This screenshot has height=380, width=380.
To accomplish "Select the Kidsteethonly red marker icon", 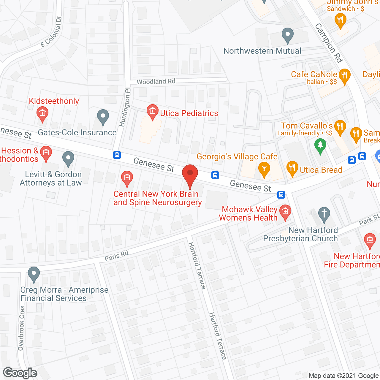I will [x=42, y=113].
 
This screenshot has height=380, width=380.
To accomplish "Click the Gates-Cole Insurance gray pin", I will [x=103, y=117].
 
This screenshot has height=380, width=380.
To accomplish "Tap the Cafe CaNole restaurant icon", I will [x=344, y=75].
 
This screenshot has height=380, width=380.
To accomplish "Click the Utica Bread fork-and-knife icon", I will [x=292, y=169].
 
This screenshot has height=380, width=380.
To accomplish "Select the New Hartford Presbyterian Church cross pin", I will [x=324, y=214].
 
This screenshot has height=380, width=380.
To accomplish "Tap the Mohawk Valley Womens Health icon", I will [x=285, y=212].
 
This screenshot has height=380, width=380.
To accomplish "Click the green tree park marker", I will [x=320, y=145].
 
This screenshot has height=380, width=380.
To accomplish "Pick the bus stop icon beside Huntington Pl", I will [x=117, y=155].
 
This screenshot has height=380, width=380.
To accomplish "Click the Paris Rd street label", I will [x=116, y=256].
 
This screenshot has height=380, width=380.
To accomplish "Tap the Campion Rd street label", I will [x=329, y=43].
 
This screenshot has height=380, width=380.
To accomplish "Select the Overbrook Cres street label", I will [x=21, y=328].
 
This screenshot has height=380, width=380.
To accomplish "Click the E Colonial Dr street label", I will [x=51, y=32].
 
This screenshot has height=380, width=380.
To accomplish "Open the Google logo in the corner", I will [x=20, y=373].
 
